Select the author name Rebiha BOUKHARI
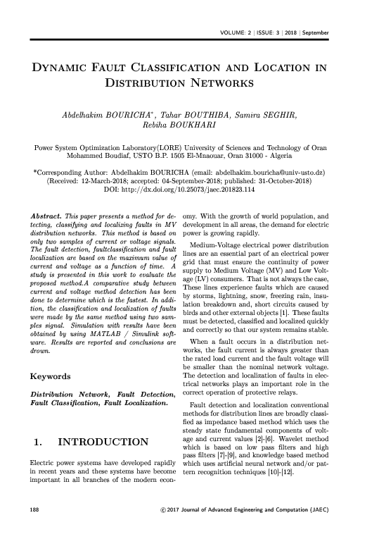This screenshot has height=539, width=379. pyautogui.click(x=190, y=128)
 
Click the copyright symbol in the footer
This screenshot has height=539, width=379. pyautogui.click(x=164, y=527)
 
